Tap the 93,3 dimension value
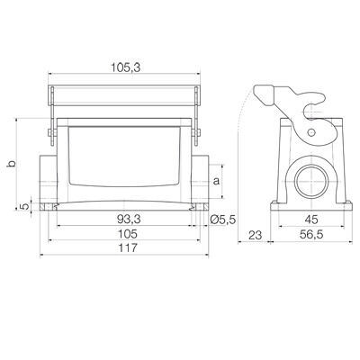[x=128, y=220]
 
